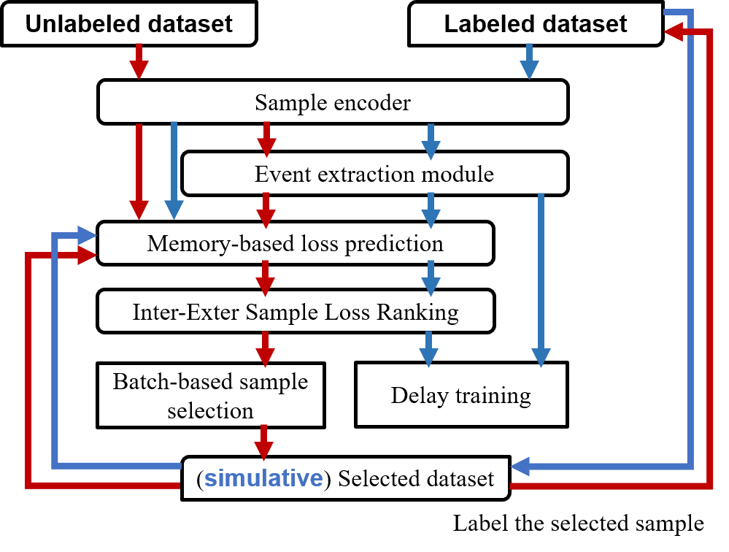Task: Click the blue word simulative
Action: [263, 478]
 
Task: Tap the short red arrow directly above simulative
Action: [263, 442]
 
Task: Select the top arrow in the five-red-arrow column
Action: [266, 139]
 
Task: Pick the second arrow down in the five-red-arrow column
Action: [266, 210]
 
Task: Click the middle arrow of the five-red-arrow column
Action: [265, 278]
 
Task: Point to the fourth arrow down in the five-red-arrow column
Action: [265, 349]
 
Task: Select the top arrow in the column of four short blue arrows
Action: [431, 142]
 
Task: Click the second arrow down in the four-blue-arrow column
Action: [431, 210]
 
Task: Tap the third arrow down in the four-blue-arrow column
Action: [431, 278]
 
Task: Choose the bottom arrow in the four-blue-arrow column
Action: [428, 349]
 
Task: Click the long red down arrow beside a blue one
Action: [139, 172]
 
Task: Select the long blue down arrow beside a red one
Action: [174, 170]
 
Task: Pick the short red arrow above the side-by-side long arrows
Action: [139, 61]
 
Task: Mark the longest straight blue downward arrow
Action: [541, 280]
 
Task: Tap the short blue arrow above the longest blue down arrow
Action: [529, 61]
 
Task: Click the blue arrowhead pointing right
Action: [87, 236]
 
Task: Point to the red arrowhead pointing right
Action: [87, 256]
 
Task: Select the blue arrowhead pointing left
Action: [520, 467]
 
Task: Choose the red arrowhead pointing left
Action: [674, 32]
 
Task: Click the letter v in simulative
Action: [305, 479]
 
